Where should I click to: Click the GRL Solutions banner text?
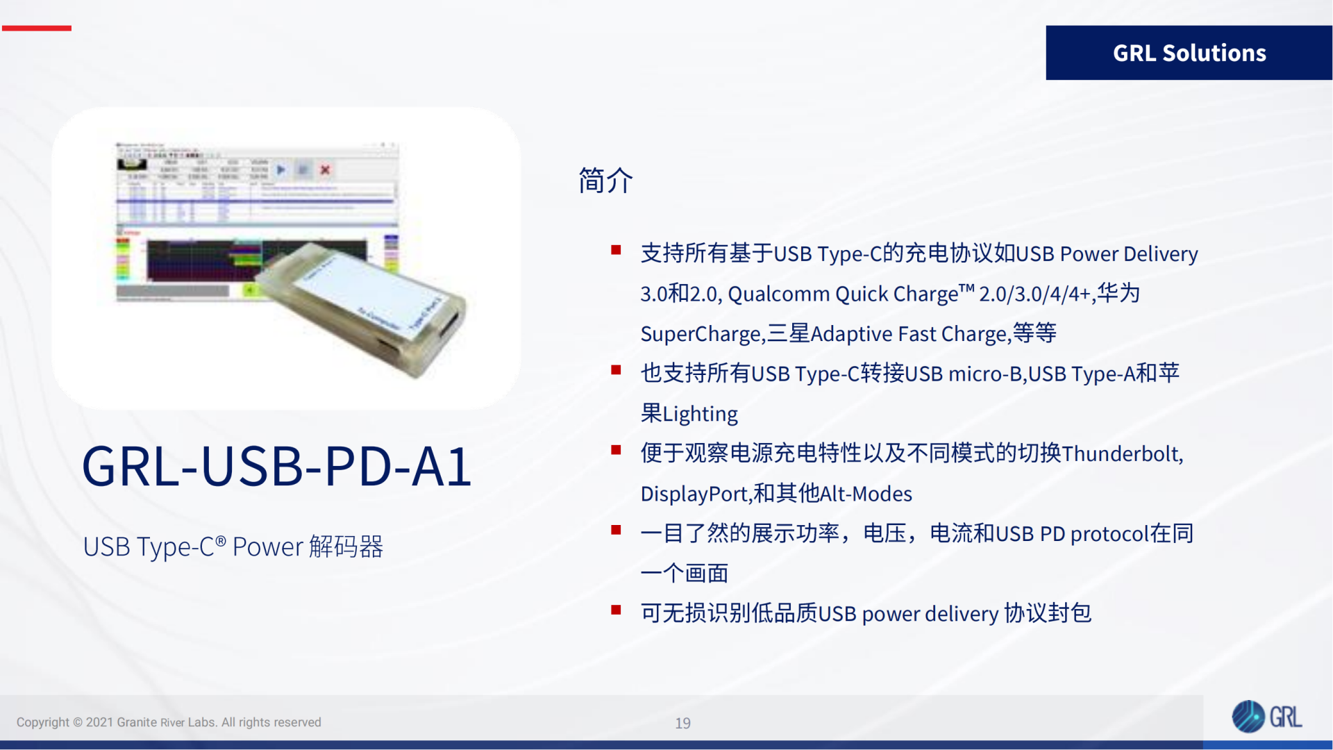click(1189, 53)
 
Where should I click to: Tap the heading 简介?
click(605, 181)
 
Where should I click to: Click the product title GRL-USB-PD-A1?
click(276, 467)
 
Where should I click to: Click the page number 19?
click(682, 724)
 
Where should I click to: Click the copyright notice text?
click(169, 722)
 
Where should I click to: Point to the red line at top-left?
click(36, 28)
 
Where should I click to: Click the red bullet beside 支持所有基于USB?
click(615, 250)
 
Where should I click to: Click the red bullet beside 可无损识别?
click(615, 610)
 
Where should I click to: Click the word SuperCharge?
click(701, 335)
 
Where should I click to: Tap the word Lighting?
click(700, 415)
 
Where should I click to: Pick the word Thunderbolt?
click(1121, 454)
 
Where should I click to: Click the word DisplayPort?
click(694, 494)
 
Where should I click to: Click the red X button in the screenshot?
click(325, 169)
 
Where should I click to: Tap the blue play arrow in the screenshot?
click(281, 169)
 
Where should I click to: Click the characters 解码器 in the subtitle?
click(346, 547)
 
